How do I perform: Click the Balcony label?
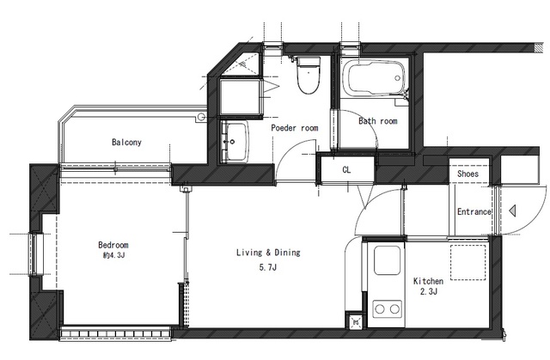coord(126,143)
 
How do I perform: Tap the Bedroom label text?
coord(113,244)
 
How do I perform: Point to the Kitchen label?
coord(428,281)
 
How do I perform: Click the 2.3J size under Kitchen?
coord(428,293)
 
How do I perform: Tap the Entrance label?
coord(474,211)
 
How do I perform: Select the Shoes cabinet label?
coord(468,174)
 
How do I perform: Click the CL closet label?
coord(346,170)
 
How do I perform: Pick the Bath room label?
coord(378,122)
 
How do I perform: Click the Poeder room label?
coord(295,128)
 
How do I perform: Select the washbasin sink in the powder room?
coord(235,140)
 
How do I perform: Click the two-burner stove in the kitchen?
coord(388,307)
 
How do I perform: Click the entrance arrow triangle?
coord(512,211)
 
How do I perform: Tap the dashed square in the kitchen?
coord(468,262)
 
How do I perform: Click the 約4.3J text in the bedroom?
coord(113,255)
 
